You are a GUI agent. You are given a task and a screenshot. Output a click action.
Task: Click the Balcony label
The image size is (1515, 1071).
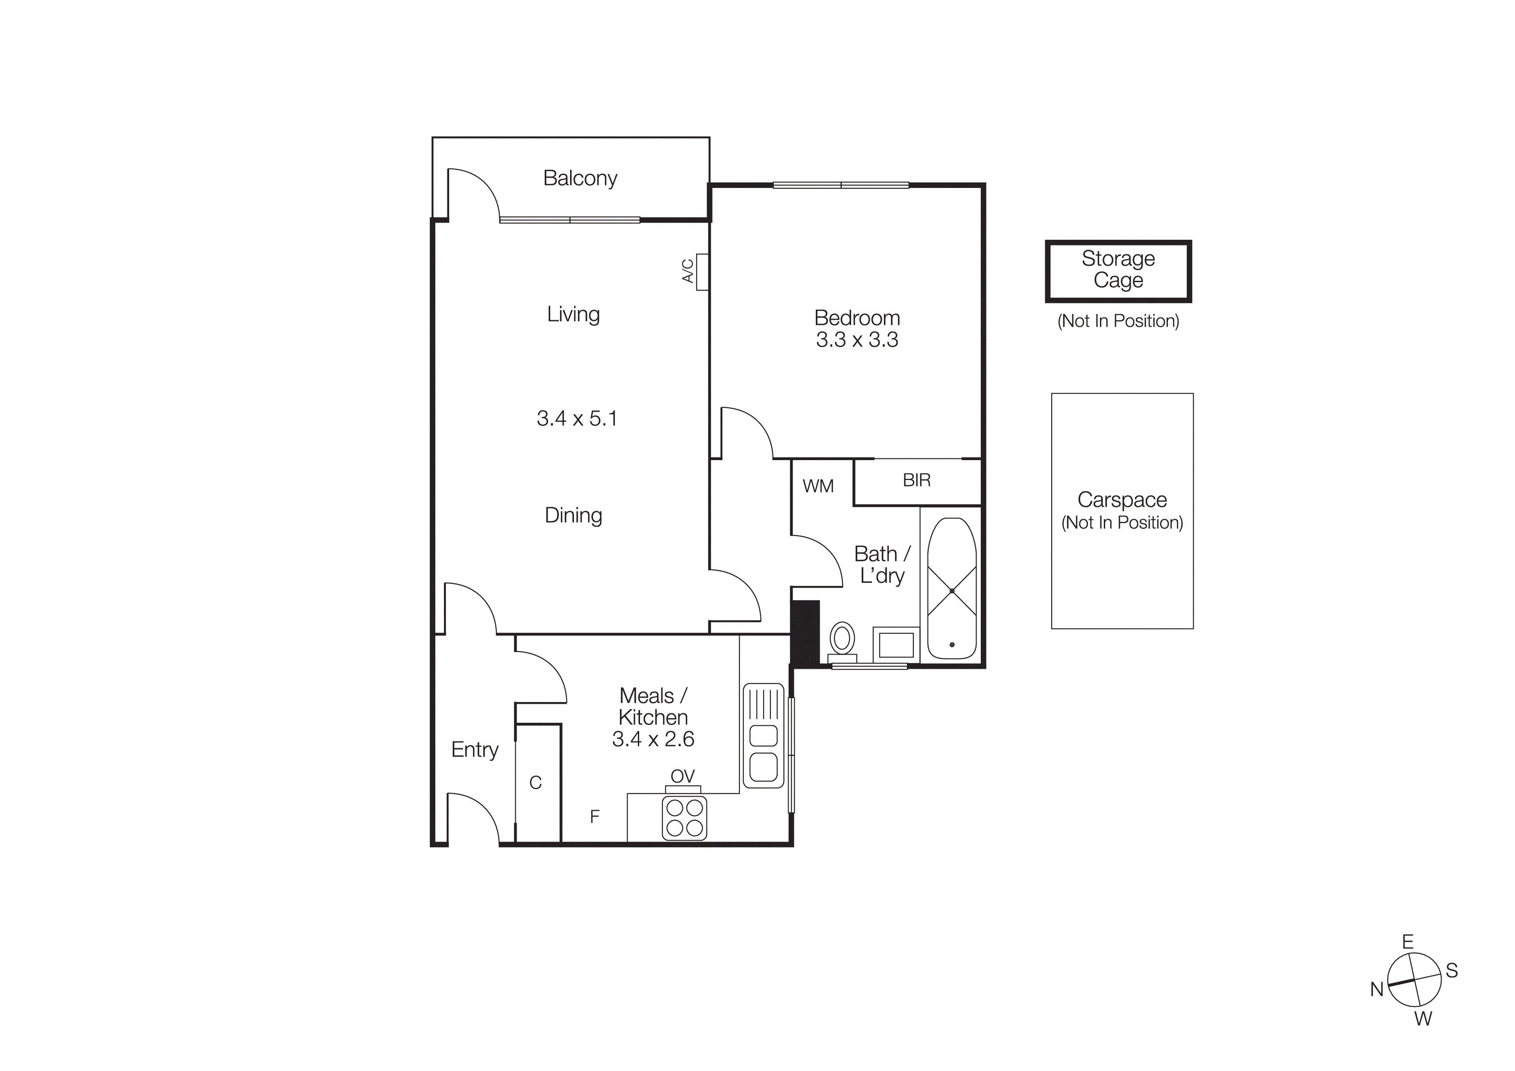point(580,178)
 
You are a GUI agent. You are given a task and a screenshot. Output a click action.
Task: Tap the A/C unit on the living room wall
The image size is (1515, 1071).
point(702,271)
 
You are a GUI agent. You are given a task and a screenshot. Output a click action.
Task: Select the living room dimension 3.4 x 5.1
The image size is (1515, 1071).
point(577,418)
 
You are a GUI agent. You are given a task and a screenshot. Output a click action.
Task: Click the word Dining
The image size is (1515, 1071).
point(573,515)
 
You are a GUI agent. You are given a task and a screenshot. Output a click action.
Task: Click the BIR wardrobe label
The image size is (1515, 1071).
point(916,480)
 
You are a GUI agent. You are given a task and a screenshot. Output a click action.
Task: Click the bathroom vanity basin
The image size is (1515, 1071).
point(896,644)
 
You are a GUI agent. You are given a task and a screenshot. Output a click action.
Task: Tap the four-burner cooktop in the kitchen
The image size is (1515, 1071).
point(684,817)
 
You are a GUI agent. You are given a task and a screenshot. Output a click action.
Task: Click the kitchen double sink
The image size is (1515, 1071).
point(764,736)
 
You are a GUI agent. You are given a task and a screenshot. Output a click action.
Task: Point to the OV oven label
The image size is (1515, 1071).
point(682,776)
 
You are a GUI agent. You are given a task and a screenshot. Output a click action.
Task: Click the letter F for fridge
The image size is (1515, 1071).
point(595,817)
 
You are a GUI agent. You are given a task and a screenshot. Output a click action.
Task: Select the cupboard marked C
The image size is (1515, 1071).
point(536,783)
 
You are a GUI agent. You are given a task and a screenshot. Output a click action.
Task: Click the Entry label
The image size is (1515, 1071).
point(475,750)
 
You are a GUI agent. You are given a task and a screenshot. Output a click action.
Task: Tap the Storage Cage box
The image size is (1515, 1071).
point(1118,270)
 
